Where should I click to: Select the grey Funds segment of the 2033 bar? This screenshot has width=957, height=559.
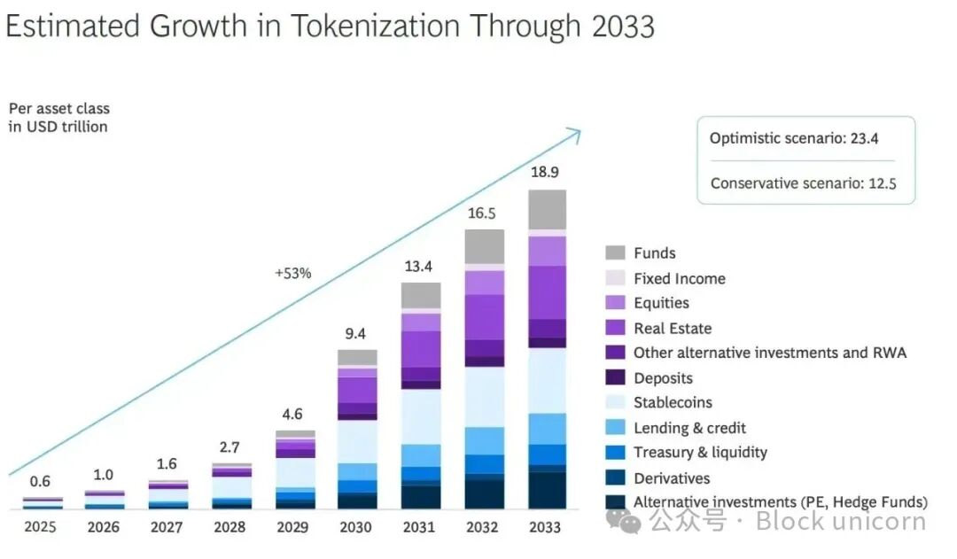[x=547, y=209]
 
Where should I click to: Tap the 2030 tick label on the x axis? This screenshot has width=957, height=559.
[x=356, y=527]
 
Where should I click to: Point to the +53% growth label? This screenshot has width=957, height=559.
[x=292, y=273]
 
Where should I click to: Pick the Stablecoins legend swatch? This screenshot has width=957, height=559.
[x=616, y=403]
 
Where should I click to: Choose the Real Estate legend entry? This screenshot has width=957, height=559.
[x=673, y=329]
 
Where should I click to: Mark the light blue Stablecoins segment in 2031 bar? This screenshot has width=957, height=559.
[x=420, y=416]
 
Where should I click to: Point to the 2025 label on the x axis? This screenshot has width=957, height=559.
[x=40, y=527]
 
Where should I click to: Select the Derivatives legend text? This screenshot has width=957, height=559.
[x=672, y=478]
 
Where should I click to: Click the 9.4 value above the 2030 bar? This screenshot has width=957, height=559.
[x=356, y=334]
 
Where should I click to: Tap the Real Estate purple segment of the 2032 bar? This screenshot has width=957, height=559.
[x=484, y=317]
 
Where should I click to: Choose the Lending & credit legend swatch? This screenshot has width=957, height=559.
[x=616, y=428]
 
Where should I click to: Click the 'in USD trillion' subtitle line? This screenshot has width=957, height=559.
[x=58, y=127]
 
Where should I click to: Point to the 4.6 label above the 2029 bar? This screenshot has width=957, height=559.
[x=293, y=414]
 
